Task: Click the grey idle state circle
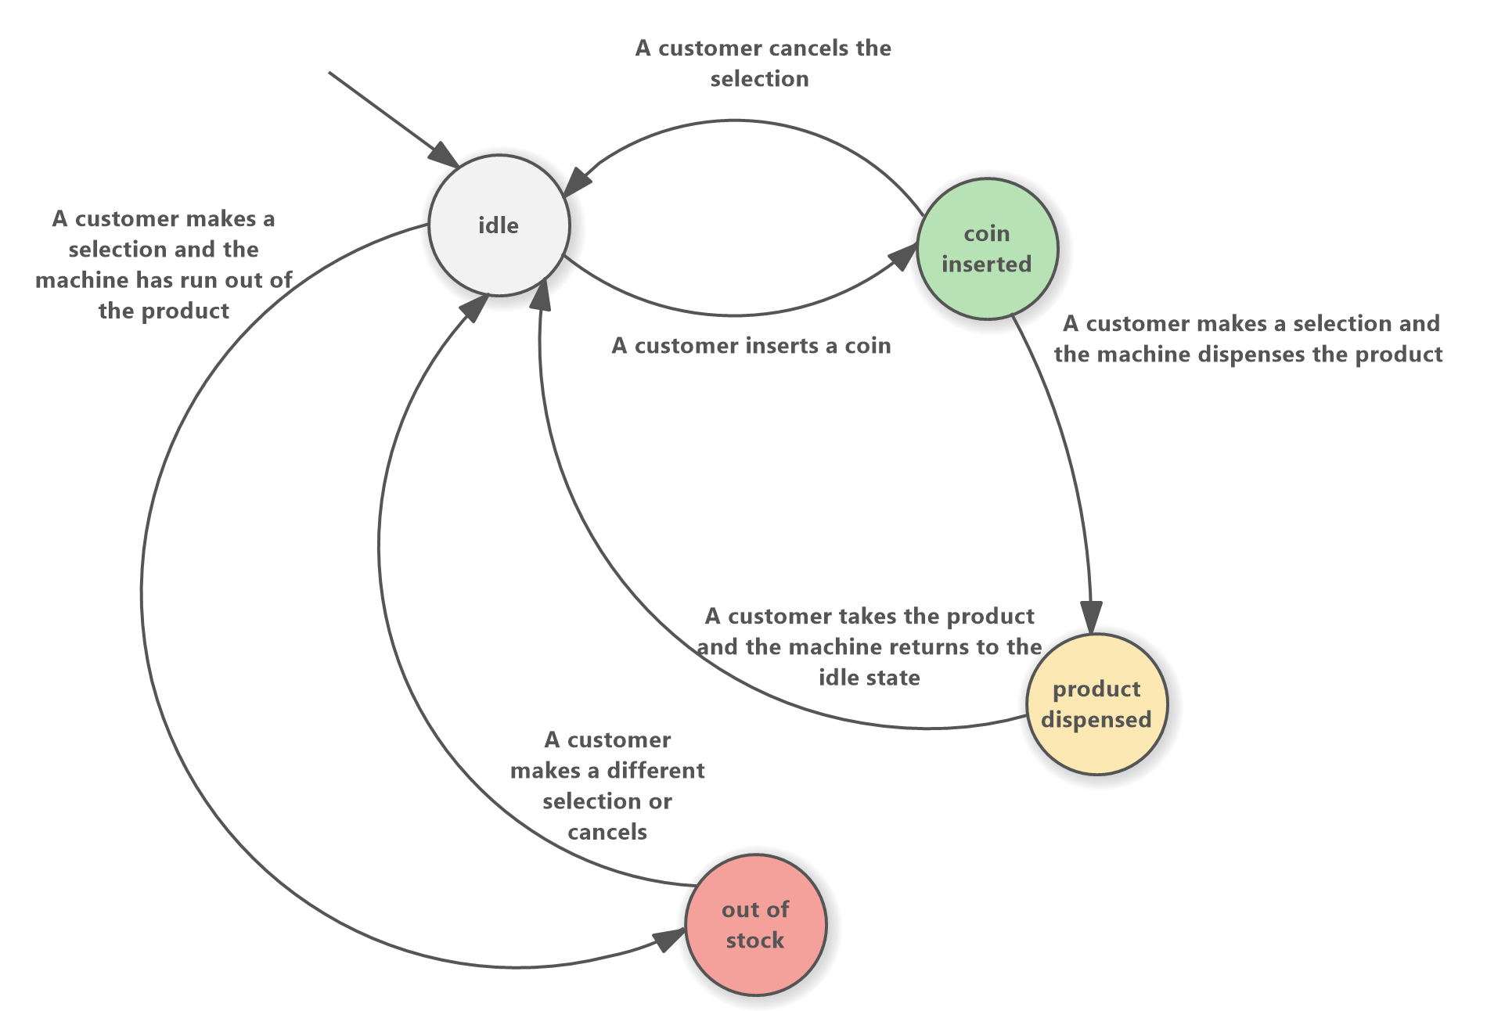499,225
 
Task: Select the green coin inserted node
987,249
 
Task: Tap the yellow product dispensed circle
1096,704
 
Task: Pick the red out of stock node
755,924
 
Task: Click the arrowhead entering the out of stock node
670,937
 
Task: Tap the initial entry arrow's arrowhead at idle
446,155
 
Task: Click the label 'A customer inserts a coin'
751,346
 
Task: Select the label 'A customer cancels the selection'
762,63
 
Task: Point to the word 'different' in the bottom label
657,771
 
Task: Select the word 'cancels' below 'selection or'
607,832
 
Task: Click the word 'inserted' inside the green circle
986,264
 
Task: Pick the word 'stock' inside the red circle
754,941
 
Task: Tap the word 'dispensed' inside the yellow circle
1096,720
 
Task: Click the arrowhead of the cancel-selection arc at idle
577,183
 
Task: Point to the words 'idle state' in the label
869,678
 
